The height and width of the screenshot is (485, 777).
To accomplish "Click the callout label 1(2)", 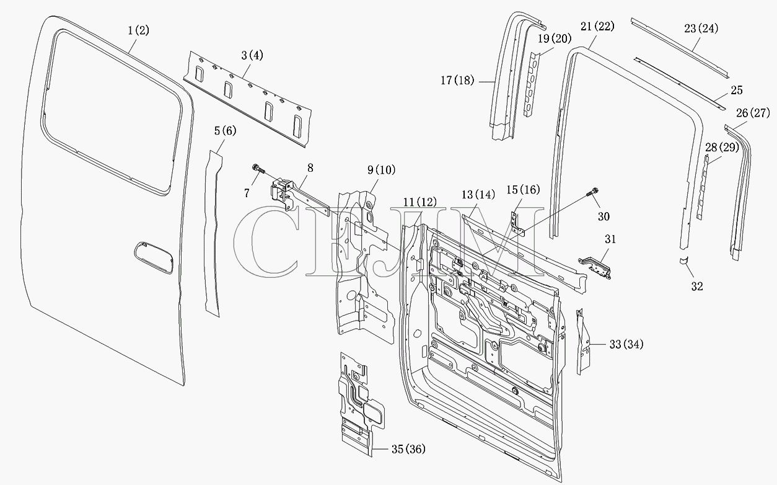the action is tap(138, 30).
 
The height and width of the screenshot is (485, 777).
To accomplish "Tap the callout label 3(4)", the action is tap(252, 55).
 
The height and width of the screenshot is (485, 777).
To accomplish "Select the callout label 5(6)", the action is tap(225, 131).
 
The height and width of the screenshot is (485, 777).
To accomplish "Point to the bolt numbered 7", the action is tap(258, 169).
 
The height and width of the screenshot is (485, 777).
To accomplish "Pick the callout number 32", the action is tap(697, 287).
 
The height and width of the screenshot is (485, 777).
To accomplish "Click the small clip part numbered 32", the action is tap(684, 260).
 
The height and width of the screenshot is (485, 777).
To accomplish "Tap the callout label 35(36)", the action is tap(408, 449).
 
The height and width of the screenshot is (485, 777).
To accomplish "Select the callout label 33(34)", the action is tap(626, 344).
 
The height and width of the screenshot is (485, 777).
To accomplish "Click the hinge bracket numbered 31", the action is tap(595, 267).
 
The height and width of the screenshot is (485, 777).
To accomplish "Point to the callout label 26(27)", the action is tap(753, 113).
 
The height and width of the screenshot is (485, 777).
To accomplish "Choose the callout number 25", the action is tap(737, 91).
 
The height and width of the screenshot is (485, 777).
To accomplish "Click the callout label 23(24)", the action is tap(701, 29).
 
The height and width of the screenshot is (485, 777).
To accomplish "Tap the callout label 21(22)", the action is tap(597, 27).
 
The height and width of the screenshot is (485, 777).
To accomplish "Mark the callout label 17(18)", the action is tap(457, 81).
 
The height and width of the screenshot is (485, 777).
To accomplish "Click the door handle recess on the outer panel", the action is tap(153, 257).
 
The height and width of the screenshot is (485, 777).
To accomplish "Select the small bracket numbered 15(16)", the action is tap(518, 225).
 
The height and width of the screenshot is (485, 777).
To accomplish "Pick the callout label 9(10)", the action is tap(381, 170).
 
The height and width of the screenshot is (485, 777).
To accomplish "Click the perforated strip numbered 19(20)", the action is tap(533, 84).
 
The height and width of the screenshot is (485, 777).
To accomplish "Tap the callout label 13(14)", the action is tap(478, 195).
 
